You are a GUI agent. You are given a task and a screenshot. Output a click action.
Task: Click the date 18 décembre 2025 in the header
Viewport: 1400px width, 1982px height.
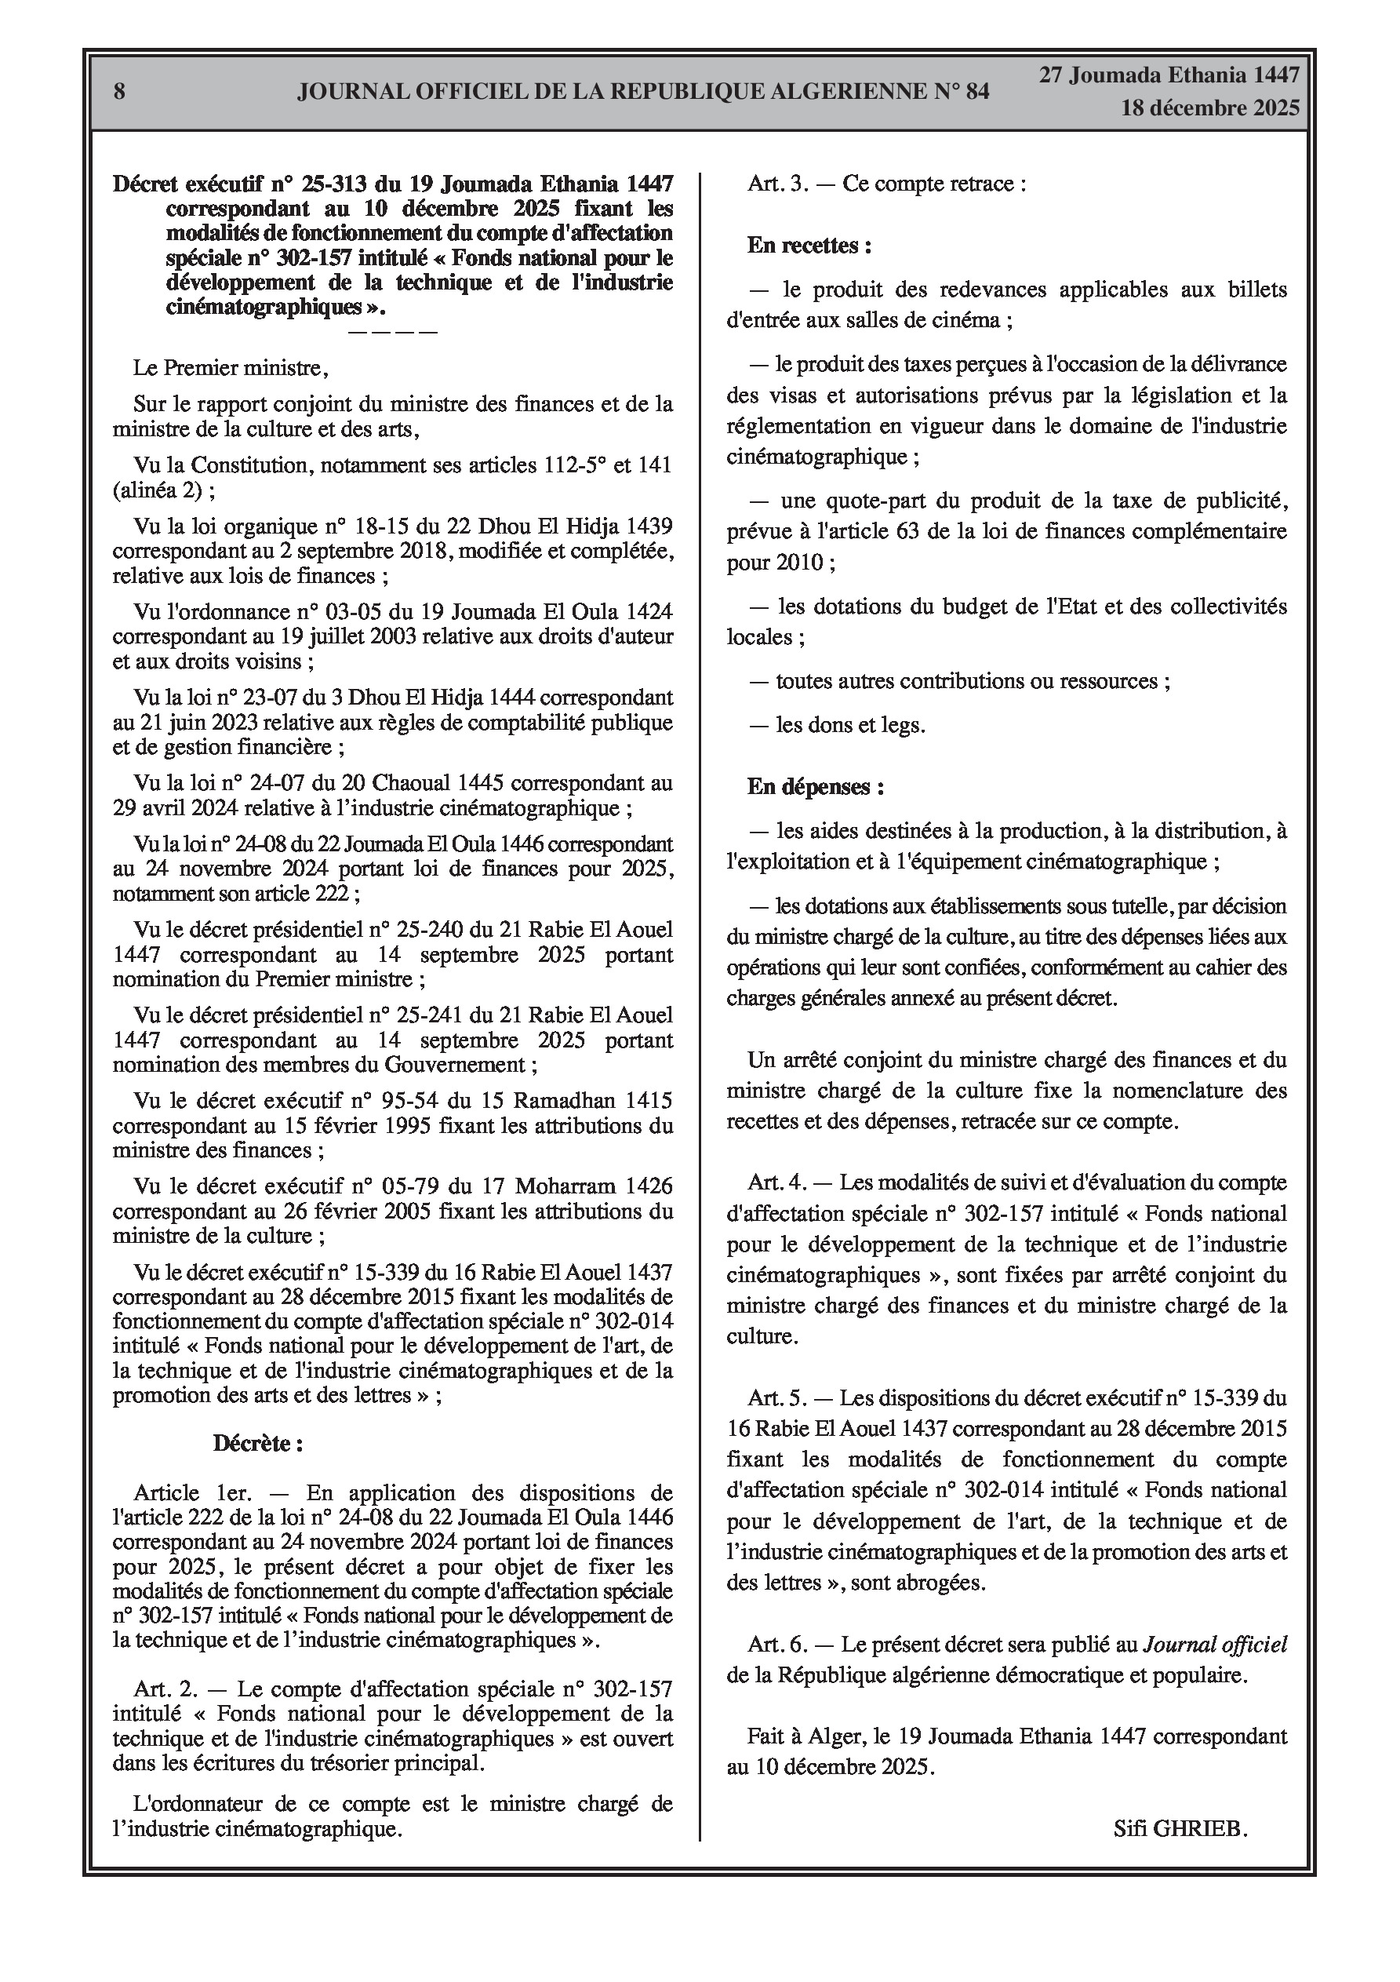(1209, 108)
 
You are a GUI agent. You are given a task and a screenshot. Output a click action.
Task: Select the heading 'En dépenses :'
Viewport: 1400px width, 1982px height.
(815, 786)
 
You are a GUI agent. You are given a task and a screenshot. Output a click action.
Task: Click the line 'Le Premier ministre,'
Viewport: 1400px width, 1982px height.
(231, 369)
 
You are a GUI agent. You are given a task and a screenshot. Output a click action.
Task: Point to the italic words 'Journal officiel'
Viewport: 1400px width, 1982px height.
(1215, 1645)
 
